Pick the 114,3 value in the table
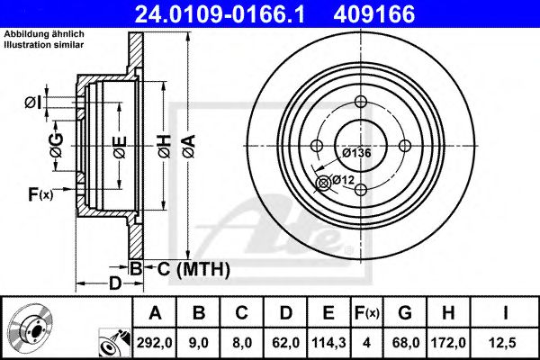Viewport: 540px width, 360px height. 329,343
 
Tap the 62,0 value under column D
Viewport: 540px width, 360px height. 286,343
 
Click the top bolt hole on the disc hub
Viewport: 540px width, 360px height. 361,102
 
